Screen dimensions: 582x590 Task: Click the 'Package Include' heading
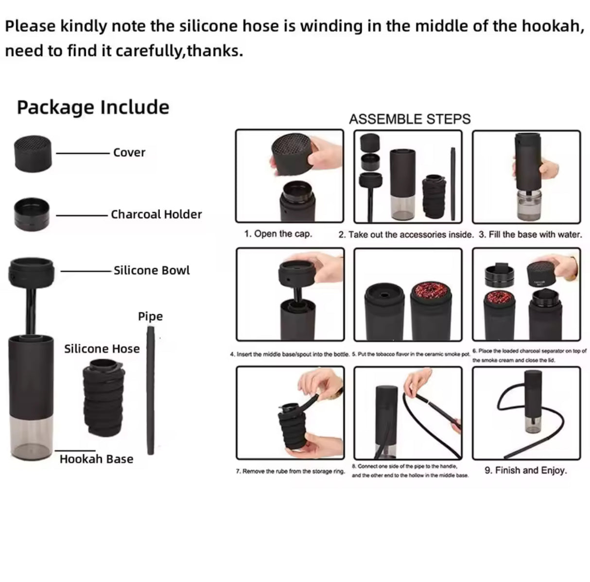click(x=93, y=107)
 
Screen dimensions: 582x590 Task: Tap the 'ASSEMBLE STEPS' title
click(x=410, y=119)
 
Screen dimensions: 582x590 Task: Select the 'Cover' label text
click(x=129, y=152)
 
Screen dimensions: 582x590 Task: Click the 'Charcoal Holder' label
click(x=156, y=214)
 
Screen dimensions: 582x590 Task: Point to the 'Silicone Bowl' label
click(x=152, y=270)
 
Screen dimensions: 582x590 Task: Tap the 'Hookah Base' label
click(x=96, y=459)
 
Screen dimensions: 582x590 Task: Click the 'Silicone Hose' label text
click(x=102, y=349)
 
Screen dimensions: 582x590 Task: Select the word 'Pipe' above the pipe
click(x=150, y=317)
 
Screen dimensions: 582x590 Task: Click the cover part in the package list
click(x=33, y=153)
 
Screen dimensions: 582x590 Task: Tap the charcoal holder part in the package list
click(x=31, y=214)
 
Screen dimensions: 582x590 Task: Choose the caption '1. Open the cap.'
click(x=278, y=234)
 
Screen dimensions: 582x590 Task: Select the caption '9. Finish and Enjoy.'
click(x=526, y=470)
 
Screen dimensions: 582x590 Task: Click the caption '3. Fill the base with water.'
click(x=530, y=234)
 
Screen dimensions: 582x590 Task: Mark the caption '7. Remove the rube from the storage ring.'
click(x=291, y=471)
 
